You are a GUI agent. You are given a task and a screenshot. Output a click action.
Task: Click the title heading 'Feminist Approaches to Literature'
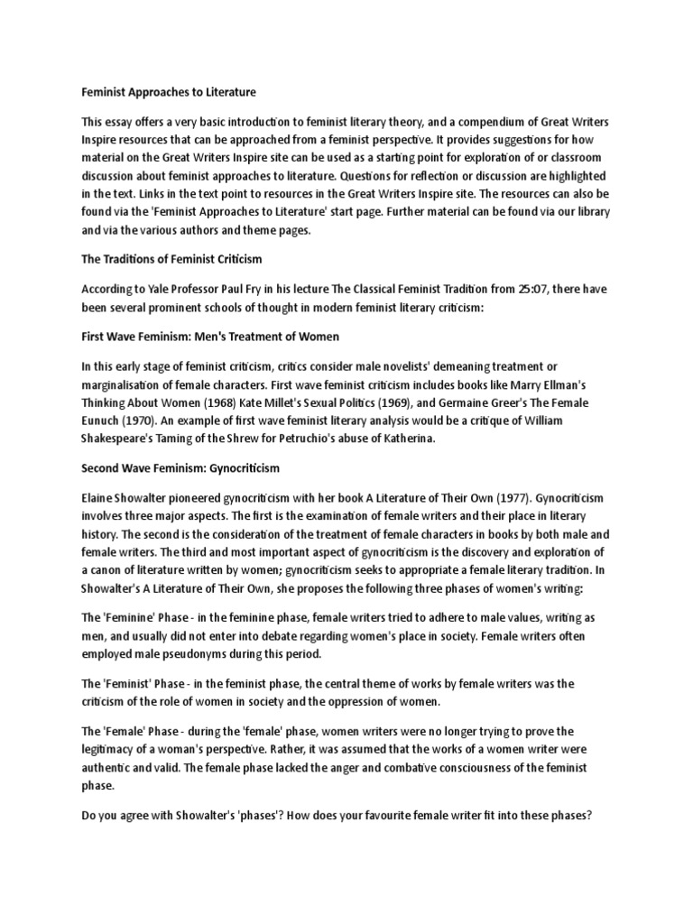tap(169, 92)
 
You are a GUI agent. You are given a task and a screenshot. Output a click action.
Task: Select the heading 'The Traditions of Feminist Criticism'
tap(171, 259)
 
